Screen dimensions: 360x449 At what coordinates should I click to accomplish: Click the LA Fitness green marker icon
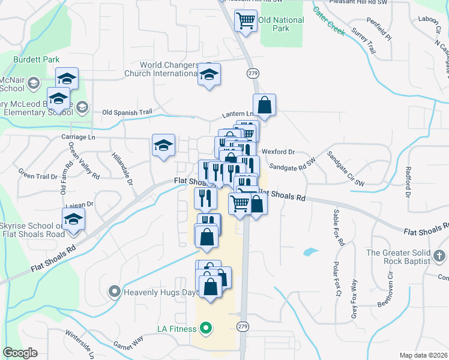tap(206, 328)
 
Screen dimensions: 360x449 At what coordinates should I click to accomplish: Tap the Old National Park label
tap(282, 24)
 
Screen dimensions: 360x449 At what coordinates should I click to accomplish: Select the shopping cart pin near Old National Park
tap(246, 21)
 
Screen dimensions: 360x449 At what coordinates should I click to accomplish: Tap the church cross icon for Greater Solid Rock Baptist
tap(439, 256)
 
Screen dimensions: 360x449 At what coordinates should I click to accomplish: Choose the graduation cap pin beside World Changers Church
tap(209, 74)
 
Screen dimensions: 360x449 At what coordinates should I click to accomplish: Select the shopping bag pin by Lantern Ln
tap(264, 105)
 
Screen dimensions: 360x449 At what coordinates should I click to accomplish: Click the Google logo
tap(20, 353)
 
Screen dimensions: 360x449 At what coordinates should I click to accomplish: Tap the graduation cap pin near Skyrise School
tap(74, 219)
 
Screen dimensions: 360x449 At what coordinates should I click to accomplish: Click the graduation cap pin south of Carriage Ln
tap(163, 145)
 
